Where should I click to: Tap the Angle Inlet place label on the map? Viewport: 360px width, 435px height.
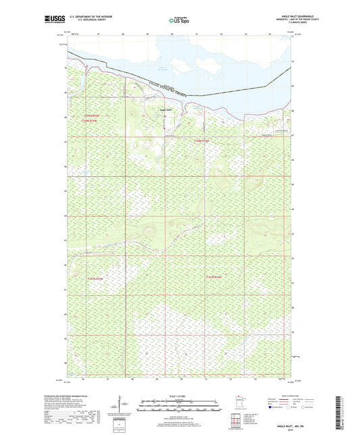tap(165, 110)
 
